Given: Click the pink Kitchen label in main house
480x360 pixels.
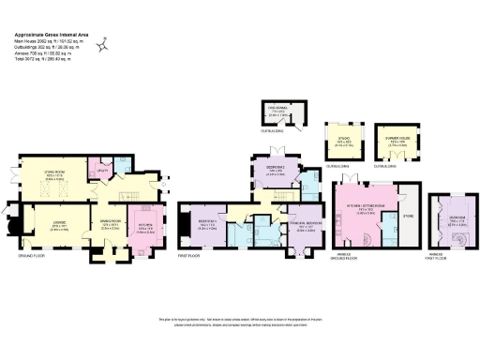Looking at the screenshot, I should (x=149, y=225).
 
